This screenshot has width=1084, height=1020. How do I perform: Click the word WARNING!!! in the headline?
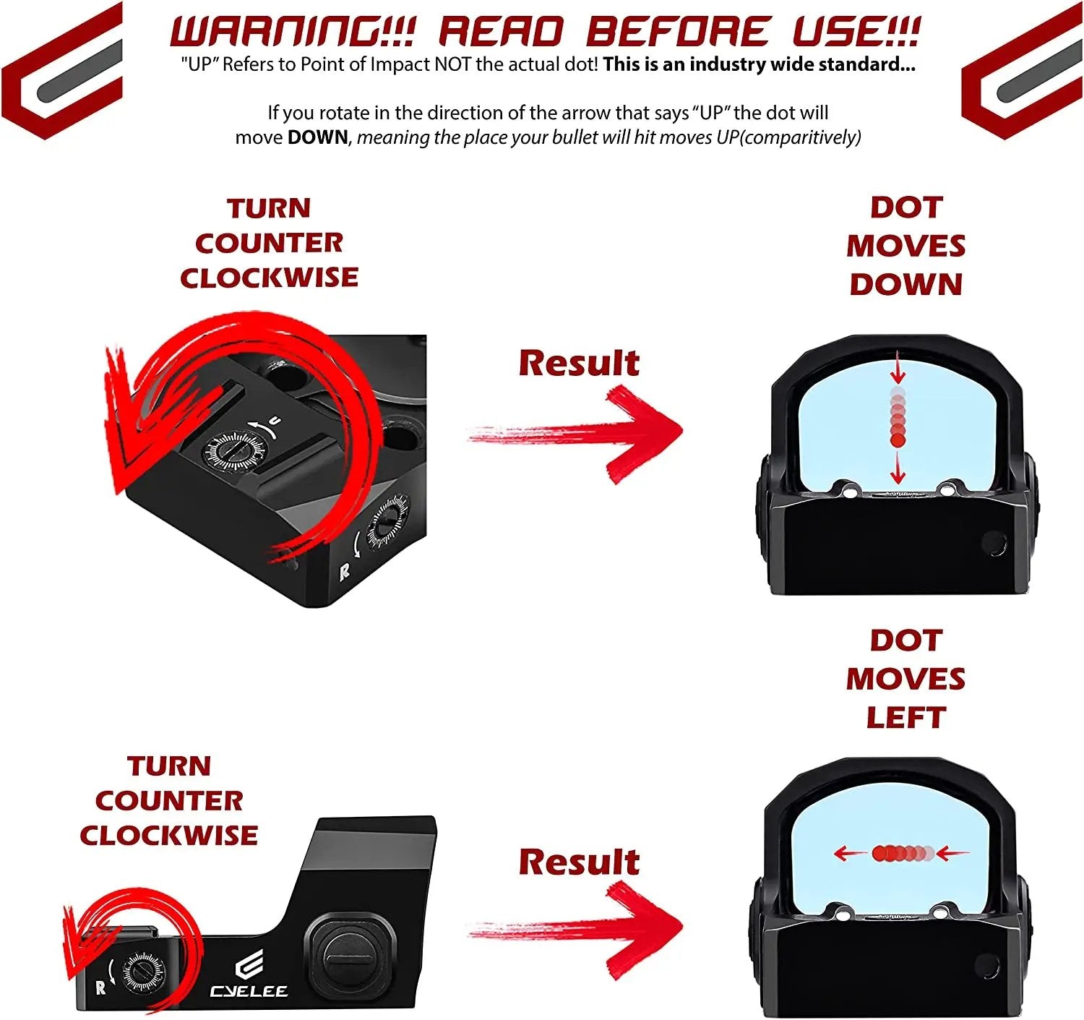(291, 32)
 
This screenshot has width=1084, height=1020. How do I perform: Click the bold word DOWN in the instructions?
(317, 137)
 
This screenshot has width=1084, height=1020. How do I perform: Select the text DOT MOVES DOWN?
(906, 246)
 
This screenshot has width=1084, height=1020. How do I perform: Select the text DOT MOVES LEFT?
(906, 679)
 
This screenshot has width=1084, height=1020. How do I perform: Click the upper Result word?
(579, 363)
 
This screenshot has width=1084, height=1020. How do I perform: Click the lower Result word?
(579, 862)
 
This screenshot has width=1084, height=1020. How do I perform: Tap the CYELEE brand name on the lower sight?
(249, 990)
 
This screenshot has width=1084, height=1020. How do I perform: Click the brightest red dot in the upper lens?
(898, 439)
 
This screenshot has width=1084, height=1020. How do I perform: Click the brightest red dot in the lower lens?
(880, 854)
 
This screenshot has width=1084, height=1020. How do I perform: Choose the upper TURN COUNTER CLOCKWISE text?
(269, 243)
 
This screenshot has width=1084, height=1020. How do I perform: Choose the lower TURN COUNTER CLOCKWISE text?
(168, 800)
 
